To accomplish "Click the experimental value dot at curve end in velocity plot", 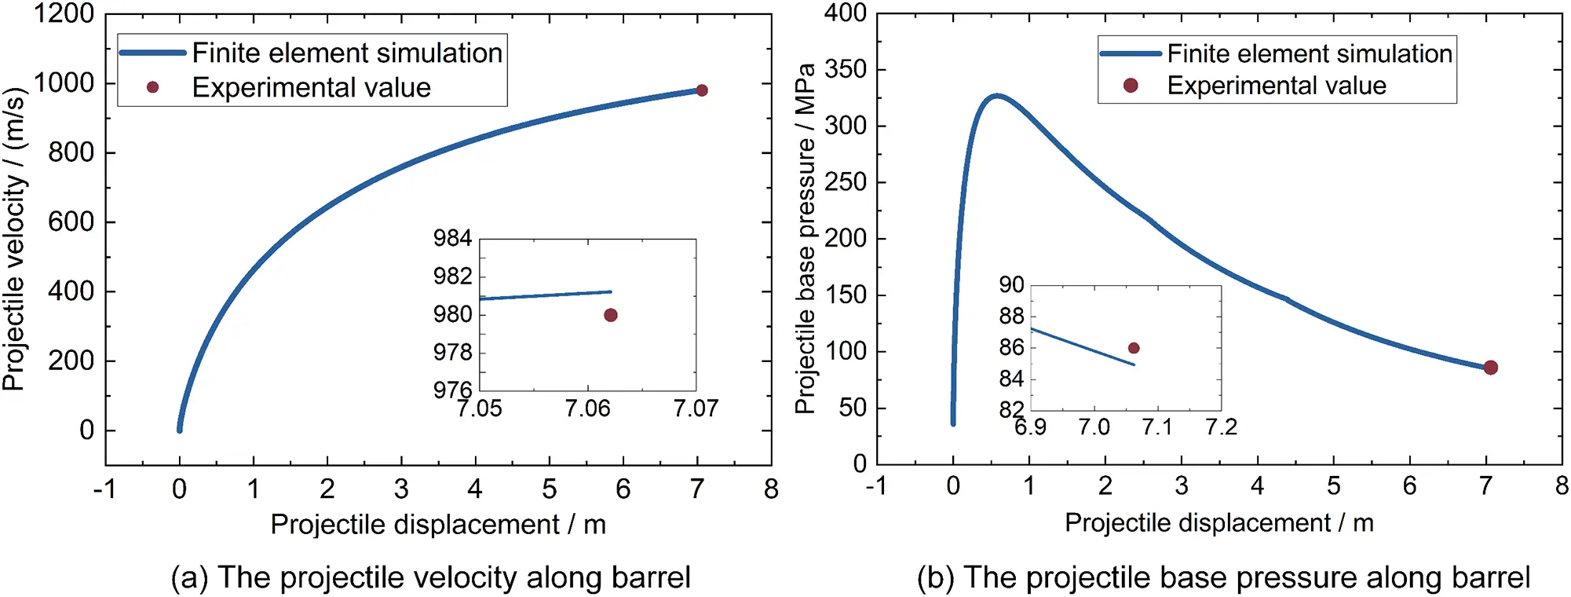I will tap(702, 90).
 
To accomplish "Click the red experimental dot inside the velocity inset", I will tap(611, 315).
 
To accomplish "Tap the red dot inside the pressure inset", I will tap(1134, 348).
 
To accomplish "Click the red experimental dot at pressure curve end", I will tap(1491, 368).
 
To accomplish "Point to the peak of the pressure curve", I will tap(997, 96).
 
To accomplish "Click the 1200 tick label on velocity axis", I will tap(63, 13).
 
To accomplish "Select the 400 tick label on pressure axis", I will tap(846, 13).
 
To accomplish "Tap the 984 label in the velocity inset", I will tap(452, 238).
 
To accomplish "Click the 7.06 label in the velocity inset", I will tap(587, 408).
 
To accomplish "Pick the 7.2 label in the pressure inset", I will tap(1222, 427).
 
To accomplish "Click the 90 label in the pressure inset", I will tap(1011, 284).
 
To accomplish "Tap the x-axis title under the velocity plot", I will tap(438, 525).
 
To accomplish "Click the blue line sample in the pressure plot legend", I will tap(1131, 53).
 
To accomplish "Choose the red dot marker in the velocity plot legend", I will tap(153, 87).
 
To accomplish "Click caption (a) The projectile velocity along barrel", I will tap(430, 577).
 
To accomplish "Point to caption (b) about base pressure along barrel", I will tap(1223, 577).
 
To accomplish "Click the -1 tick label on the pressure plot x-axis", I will tap(875, 486).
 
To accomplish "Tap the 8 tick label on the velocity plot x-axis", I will tap(771, 489).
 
